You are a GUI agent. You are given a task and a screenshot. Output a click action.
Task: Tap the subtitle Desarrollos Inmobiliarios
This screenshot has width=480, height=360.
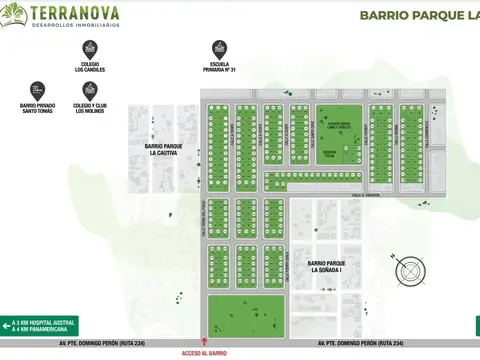pos(76,25)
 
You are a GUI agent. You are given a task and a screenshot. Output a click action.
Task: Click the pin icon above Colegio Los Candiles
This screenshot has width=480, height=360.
pos(89,48)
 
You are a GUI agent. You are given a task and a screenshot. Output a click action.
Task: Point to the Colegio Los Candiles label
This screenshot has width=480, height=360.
pos(89,68)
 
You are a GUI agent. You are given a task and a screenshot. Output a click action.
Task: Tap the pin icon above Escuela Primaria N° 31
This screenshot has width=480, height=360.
pos(218,48)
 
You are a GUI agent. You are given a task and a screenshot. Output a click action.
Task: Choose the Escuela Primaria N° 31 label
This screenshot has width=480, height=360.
pos(218,68)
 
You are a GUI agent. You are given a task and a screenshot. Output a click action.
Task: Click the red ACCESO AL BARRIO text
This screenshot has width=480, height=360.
pos(206,353)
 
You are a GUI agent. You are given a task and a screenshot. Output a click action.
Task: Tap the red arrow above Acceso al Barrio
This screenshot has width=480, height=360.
pos(206,340)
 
